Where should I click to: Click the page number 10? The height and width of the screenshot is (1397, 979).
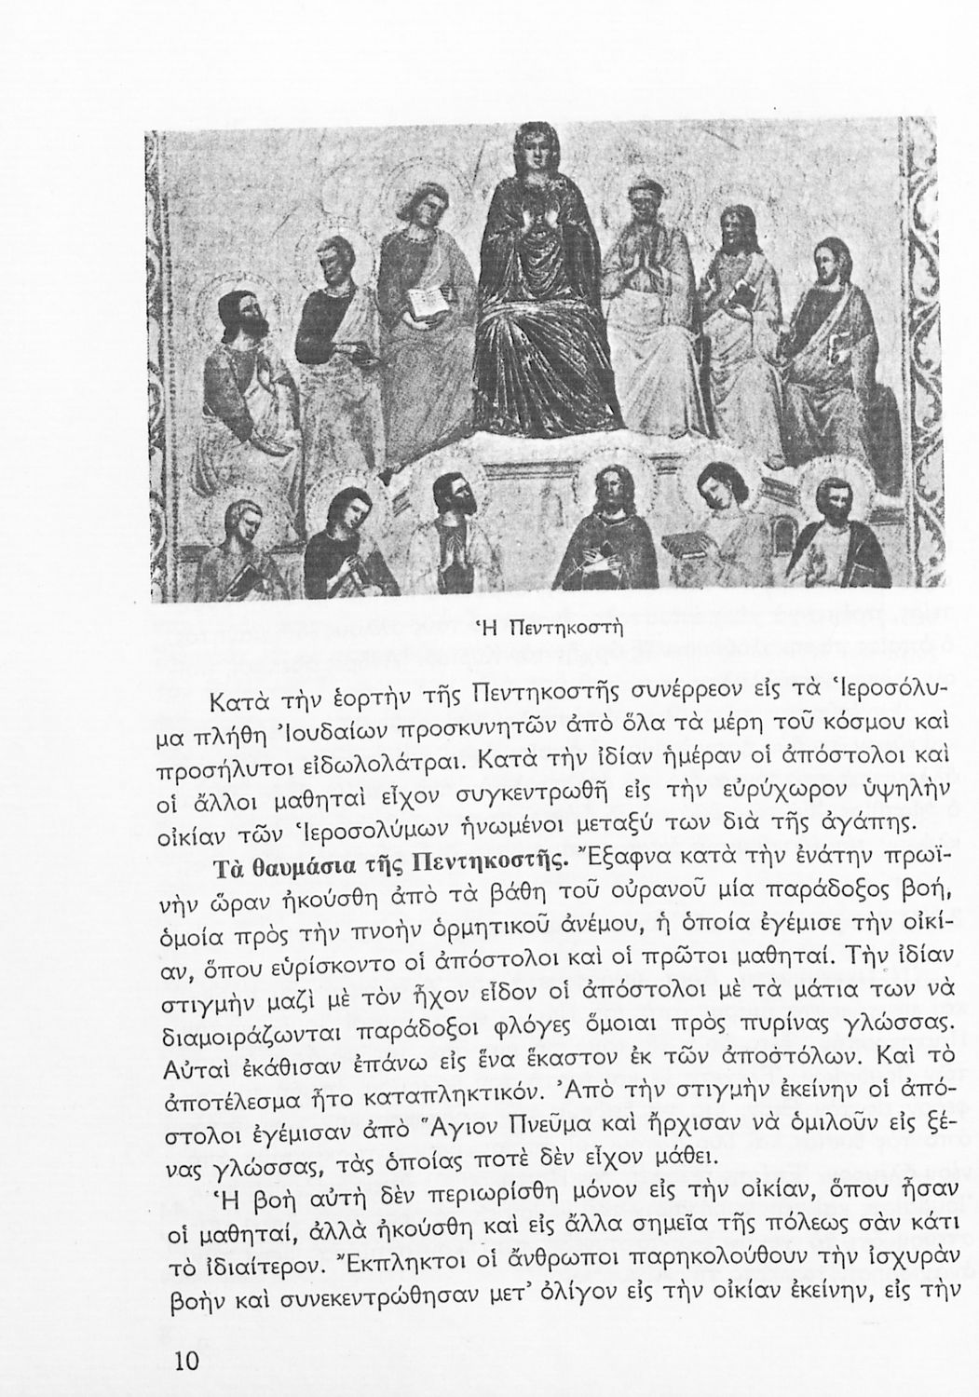pyautogui.click(x=187, y=1362)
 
